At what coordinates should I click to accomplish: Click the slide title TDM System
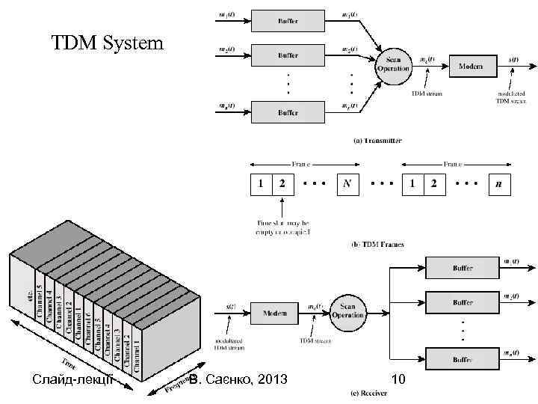[107, 44]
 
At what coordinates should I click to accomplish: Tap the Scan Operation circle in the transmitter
[393, 64]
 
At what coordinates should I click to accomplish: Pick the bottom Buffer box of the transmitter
[288, 111]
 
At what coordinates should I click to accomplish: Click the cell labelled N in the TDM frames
[346, 184]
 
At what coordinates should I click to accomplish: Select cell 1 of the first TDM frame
[260, 184]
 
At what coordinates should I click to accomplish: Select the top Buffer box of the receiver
[463, 266]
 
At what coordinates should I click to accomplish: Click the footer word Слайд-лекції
[72, 381]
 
